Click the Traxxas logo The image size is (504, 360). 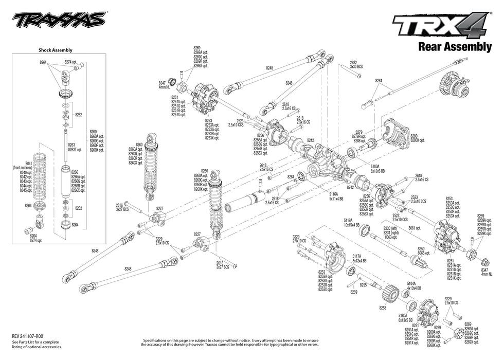pyautogui.click(x=59, y=21)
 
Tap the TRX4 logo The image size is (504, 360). pyautogui.click(x=441, y=25)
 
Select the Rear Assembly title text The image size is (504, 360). pyautogui.click(x=455, y=47)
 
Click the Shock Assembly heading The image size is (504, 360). pyautogui.click(x=56, y=50)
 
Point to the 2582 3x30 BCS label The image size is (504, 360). pyautogui.click(x=356, y=64)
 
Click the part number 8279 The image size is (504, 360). pyautogui.click(x=359, y=132)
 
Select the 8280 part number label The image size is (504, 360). pyautogui.click(x=414, y=136)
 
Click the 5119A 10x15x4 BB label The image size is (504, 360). pyautogui.click(x=351, y=222)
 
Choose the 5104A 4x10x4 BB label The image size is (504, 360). pyautogui.click(x=415, y=285)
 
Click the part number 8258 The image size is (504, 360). pyautogui.click(x=382, y=308)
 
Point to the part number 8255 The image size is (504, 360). pyautogui.click(x=364, y=284)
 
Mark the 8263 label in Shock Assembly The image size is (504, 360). pyautogui.click(x=71, y=145)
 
